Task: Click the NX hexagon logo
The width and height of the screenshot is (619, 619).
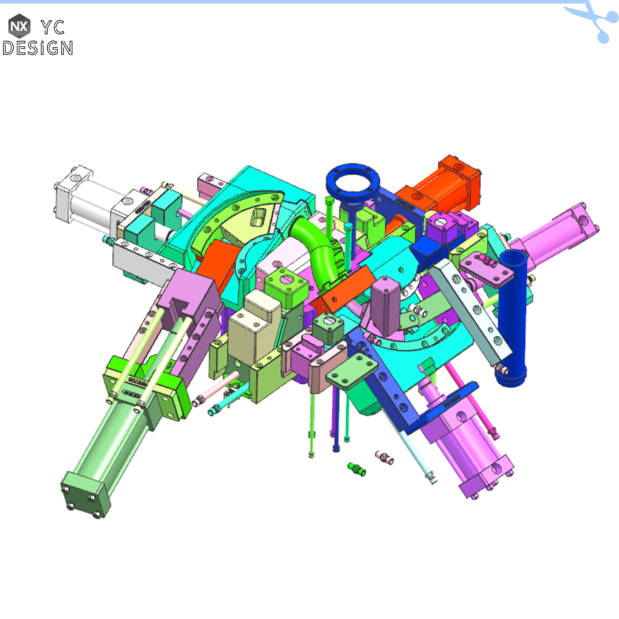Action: [x=19, y=26]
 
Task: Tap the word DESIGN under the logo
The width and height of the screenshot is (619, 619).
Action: [x=38, y=48]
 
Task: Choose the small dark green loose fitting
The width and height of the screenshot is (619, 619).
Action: [x=357, y=469]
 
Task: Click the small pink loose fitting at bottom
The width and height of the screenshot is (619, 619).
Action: [x=384, y=457]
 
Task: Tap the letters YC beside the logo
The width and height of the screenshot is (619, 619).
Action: [x=52, y=26]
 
